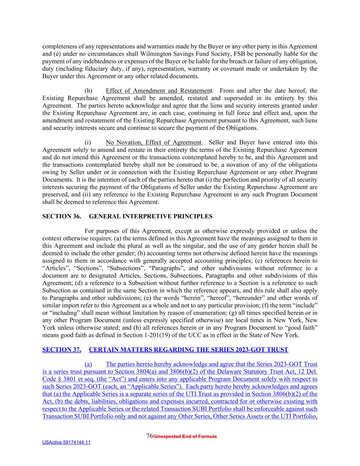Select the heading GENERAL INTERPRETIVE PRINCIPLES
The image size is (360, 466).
click(x=150, y=216)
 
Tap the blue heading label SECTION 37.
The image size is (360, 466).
click(x=61, y=350)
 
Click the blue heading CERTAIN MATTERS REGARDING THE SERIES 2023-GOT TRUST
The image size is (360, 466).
click(x=188, y=350)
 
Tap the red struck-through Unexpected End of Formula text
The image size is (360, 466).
click(x=185, y=437)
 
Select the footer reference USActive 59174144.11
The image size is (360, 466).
click(x=66, y=443)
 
